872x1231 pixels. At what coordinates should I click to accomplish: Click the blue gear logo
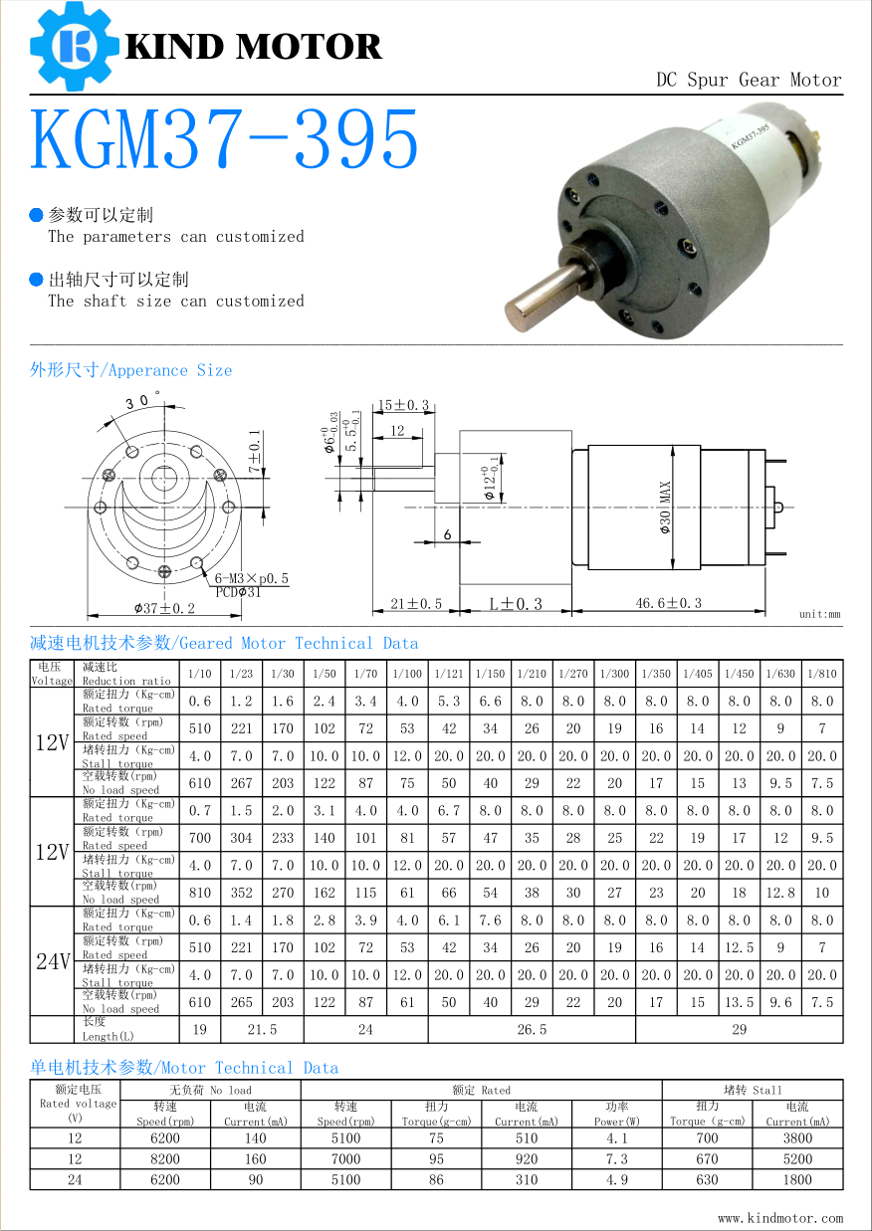[72, 45]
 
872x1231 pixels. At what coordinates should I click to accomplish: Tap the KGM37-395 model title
[225, 140]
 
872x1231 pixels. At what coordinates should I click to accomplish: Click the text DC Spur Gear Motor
[749, 80]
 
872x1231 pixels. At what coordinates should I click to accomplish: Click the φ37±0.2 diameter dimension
[165, 608]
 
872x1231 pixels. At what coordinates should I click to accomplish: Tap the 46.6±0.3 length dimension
[669, 603]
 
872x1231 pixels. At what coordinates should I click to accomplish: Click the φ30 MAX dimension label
[665, 508]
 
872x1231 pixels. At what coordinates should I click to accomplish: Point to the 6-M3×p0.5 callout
[252, 578]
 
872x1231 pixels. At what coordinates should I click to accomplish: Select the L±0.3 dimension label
[516, 604]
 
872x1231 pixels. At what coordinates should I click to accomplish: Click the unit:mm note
[819, 614]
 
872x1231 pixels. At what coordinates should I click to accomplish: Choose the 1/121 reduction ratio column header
[449, 674]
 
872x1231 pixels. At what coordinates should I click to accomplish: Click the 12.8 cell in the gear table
[780, 893]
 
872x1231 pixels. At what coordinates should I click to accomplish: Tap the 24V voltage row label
[53, 961]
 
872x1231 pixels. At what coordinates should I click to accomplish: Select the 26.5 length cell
[532, 1029]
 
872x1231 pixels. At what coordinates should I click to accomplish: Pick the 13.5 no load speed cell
[739, 1002]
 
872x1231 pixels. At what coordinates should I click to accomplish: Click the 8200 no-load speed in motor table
[165, 1158]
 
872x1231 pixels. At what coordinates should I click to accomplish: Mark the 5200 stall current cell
[797, 1158]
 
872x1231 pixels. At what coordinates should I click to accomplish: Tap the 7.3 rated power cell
[616, 1158]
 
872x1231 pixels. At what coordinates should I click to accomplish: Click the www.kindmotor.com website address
[779, 1217]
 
